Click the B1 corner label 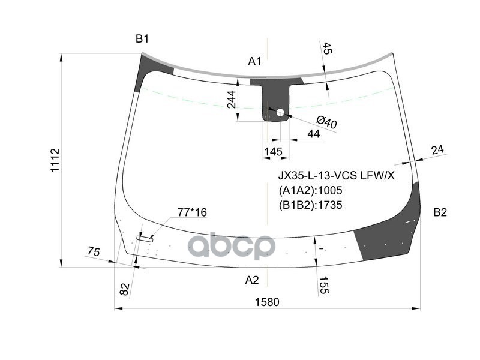click(x=142, y=39)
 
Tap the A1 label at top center click(x=255, y=61)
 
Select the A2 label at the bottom click(x=252, y=280)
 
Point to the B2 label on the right click(x=440, y=212)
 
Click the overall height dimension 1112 click(x=55, y=160)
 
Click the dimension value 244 click(x=232, y=99)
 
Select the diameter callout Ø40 click(x=326, y=122)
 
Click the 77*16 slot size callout click(x=191, y=212)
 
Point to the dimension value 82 click(x=125, y=289)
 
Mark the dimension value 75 click(x=93, y=252)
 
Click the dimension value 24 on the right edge click(x=438, y=149)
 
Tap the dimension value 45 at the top click(x=327, y=49)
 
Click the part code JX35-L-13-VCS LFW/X click(x=335, y=176)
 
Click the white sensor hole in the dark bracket click(x=280, y=111)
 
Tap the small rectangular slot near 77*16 click(x=145, y=238)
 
